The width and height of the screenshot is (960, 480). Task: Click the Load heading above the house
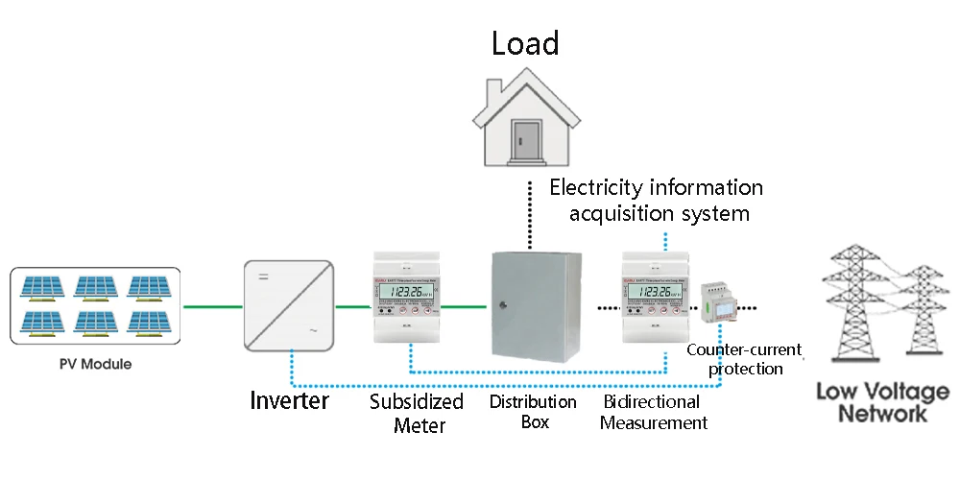pyautogui.click(x=525, y=43)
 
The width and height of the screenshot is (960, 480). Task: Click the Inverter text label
pyautogui.click(x=290, y=399)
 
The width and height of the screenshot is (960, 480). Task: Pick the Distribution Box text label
pyautogui.click(x=533, y=411)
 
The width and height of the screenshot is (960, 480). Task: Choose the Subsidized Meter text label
pyautogui.click(x=417, y=413)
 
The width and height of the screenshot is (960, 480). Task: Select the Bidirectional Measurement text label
pyautogui.click(x=653, y=411)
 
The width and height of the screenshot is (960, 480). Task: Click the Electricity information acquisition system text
pyautogui.click(x=657, y=200)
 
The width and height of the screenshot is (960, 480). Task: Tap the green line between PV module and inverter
pyautogui.click(x=213, y=307)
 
